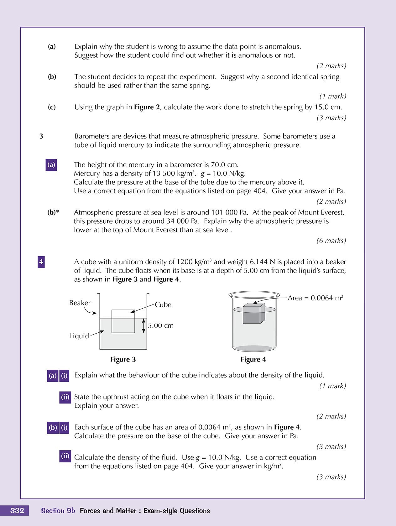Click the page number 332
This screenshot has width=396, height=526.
[17, 510]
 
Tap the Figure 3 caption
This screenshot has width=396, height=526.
[123, 359]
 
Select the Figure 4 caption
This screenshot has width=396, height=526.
[253, 359]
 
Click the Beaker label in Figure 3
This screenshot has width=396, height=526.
[80, 303]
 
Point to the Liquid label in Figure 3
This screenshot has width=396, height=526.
[79, 336]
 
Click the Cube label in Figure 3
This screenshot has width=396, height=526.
[163, 305]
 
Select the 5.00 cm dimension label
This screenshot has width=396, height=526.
[161, 325]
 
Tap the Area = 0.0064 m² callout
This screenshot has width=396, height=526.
[315, 298]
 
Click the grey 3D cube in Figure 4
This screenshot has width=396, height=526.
[253, 314]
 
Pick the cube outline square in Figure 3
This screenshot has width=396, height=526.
[123, 321]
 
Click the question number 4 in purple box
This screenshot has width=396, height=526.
[41, 262]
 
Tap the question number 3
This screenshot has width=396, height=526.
[41, 136]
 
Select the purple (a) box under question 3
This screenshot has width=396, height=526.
[51, 165]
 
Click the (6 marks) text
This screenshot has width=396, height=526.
[331, 241]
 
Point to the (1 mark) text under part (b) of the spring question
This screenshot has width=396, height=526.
[333, 96]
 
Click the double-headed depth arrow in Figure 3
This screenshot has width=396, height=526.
[144, 326]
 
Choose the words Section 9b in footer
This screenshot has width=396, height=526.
[58, 511]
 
